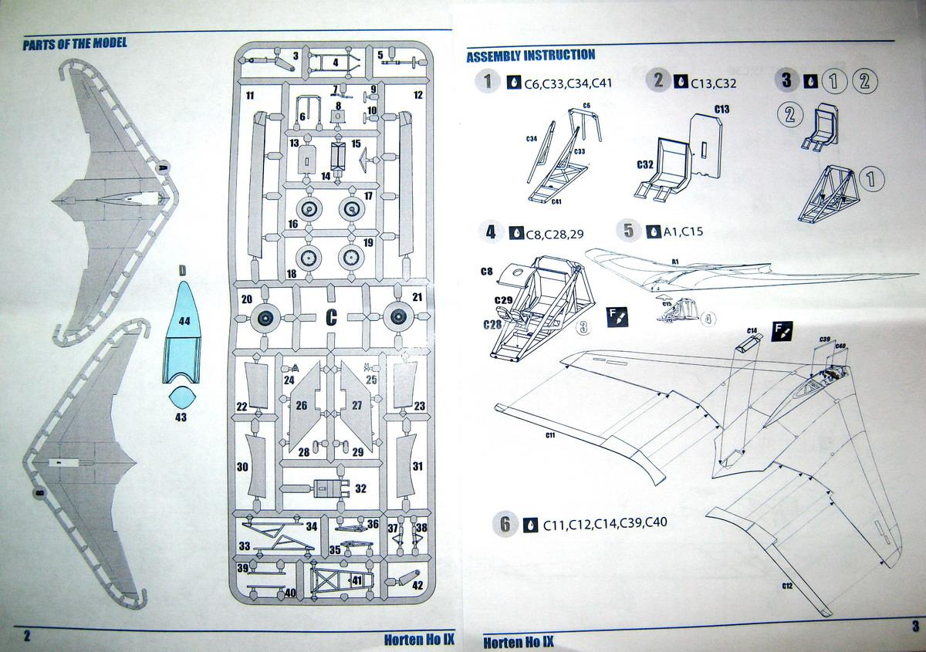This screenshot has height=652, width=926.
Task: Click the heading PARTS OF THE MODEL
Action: tap(75, 43)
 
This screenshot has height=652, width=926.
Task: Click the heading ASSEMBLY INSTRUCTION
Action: tap(530, 55)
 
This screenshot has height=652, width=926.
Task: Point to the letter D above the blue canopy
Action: tap(182, 270)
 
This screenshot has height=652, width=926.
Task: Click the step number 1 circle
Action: tap(487, 80)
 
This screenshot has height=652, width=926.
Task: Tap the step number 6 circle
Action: tap(505, 524)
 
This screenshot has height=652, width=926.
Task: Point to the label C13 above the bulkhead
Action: tap(722, 109)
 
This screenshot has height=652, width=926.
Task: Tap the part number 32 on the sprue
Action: tap(360, 488)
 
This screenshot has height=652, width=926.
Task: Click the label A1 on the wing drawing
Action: tap(674, 262)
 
